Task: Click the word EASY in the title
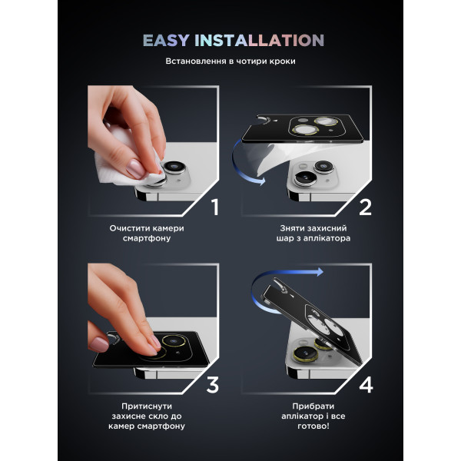pos(166,41)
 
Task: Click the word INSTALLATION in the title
pos(260,41)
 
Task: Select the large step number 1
pos(215,207)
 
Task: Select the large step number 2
pos(365,207)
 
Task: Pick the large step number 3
pos(213,385)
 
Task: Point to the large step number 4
pos(366,385)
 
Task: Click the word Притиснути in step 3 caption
pos(147,406)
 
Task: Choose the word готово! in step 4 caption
pos(313,426)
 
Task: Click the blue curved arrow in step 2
pos(234,164)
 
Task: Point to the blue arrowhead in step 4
pos(320,272)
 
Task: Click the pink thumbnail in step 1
pos(135,168)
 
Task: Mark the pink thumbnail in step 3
pos(98,344)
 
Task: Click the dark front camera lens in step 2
pos(306,178)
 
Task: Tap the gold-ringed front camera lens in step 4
pos(305,354)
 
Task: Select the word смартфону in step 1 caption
pos(147,238)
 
